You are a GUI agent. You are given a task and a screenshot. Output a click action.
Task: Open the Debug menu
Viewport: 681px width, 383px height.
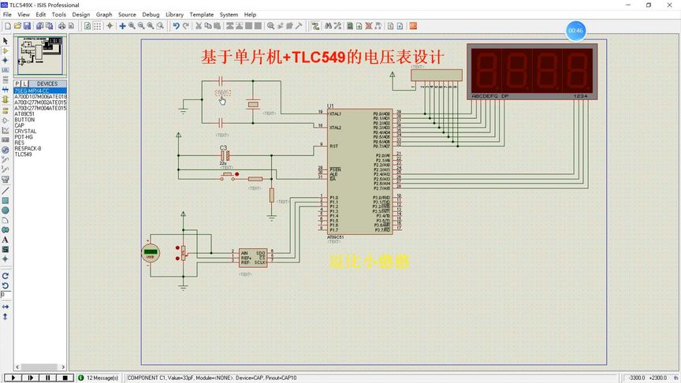point(151,14)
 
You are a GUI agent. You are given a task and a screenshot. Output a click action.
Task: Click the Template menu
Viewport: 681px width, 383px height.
point(201,14)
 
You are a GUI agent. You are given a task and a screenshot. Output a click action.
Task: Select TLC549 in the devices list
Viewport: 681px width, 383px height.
point(24,154)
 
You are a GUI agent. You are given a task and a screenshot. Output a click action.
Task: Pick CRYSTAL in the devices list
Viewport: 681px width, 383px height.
point(25,132)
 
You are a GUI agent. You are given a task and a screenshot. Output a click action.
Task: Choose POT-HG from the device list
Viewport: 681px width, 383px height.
point(24,137)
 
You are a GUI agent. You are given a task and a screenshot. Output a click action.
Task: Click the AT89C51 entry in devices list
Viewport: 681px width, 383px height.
point(24,114)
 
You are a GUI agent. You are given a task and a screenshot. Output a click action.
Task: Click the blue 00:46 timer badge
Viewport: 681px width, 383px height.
point(575,31)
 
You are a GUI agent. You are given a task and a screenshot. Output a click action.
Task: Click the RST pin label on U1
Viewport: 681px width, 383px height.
point(334,146)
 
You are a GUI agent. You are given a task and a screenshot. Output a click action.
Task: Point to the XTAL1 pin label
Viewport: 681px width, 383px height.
point(335,113)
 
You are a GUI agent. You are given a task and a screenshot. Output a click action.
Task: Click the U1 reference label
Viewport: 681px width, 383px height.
point(330,106)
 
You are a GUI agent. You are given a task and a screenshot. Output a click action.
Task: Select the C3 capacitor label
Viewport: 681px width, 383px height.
point(223,147)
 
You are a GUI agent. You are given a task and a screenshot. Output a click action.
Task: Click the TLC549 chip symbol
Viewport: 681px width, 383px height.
point(253,258)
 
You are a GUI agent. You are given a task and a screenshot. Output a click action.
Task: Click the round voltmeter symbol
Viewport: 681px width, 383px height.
point(151,253)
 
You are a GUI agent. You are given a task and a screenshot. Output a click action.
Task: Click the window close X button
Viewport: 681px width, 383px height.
point(668,5)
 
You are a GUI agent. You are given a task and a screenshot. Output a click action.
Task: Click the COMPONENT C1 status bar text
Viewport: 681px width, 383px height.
point(212,377)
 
